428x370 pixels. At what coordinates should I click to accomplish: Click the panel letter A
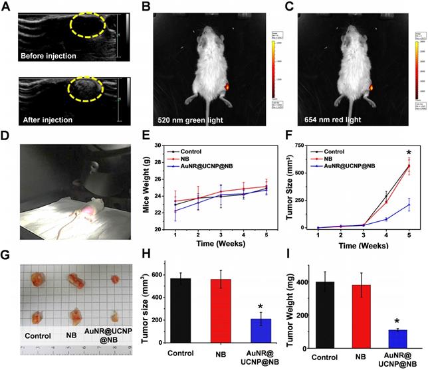tap(7, 7)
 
